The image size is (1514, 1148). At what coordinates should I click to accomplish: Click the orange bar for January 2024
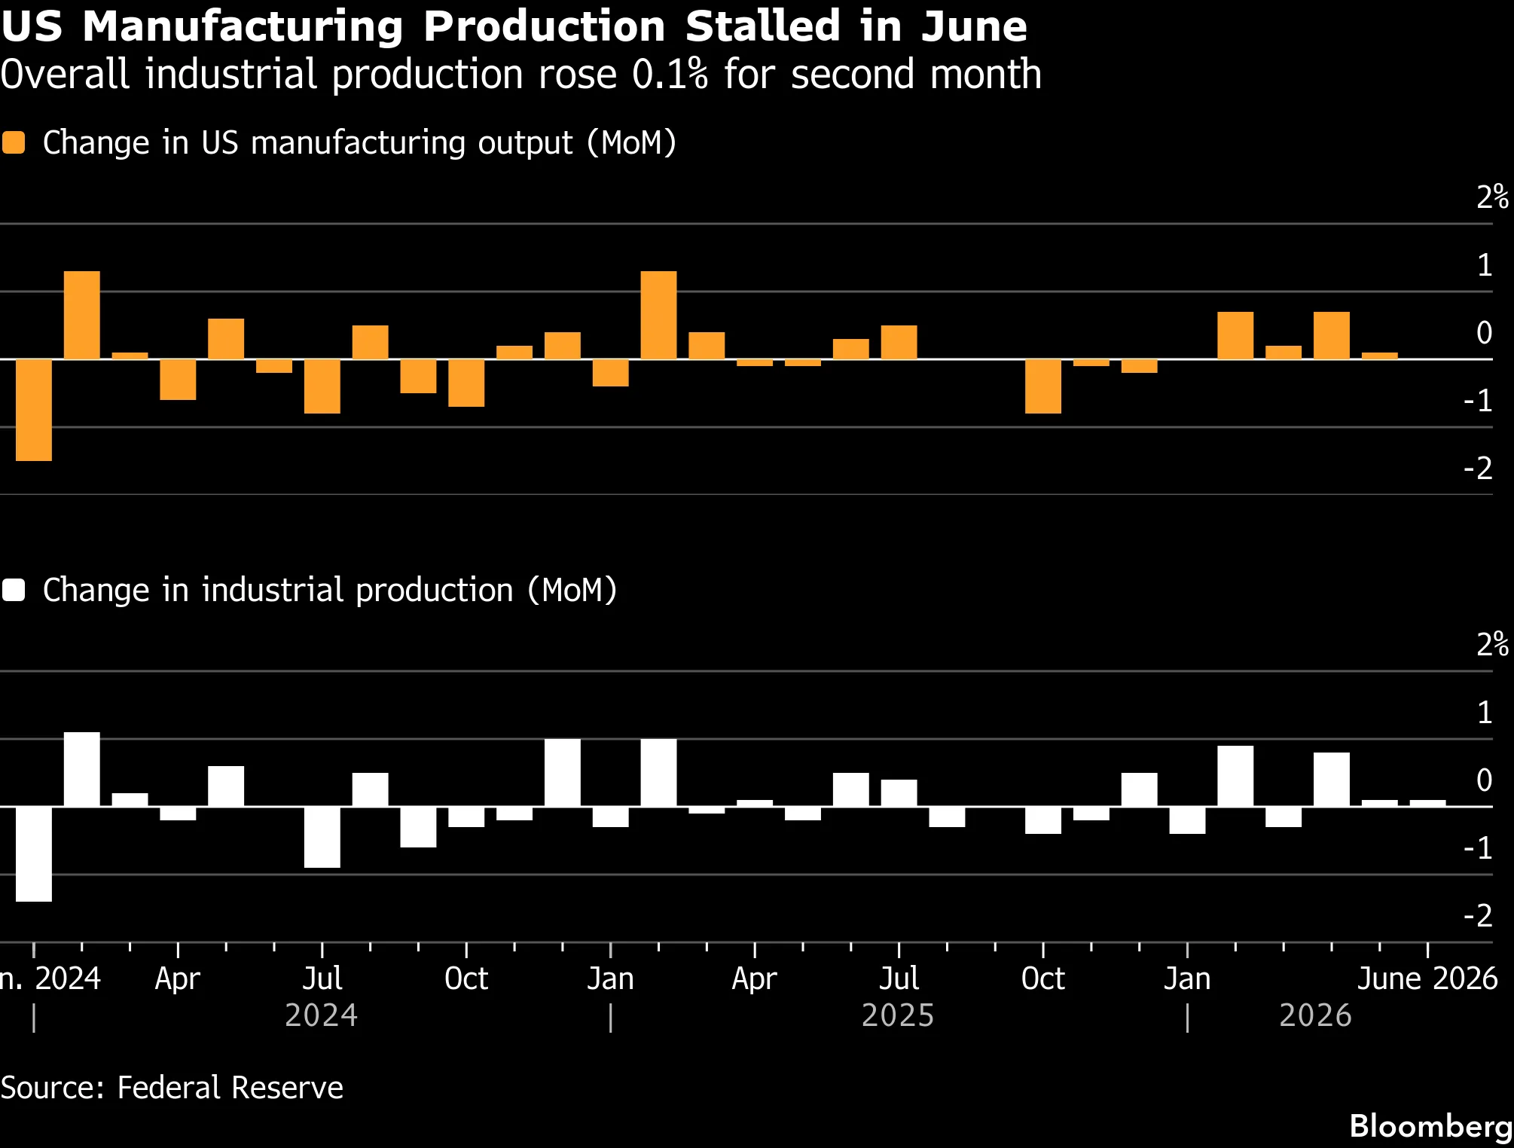34,410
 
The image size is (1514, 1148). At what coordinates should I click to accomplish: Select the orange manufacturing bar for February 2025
658,315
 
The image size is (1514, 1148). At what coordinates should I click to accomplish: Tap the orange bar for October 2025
1043,386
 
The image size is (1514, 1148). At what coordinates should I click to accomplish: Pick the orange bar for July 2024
322,386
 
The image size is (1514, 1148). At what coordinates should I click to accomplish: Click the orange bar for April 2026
1332,335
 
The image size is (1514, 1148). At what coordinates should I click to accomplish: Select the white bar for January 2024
34,854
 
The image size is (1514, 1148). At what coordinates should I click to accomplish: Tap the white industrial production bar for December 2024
563,773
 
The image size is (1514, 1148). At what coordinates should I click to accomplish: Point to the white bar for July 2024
322,837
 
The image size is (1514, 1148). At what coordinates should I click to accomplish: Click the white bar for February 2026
1235,776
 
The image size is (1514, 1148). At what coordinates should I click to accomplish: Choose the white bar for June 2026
1427,803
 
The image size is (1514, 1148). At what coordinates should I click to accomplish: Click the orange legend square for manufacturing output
14,143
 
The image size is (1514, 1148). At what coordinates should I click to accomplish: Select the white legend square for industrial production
14,590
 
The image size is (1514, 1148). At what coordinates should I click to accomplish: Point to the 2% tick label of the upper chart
1492,197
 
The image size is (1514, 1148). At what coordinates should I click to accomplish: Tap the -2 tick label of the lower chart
1478,916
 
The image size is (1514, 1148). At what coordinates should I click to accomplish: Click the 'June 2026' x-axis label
1427,979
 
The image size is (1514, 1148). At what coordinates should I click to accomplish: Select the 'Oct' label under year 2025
1043,979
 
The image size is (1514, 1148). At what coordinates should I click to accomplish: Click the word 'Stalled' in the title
762,26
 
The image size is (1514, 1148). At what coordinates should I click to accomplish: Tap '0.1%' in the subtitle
670,75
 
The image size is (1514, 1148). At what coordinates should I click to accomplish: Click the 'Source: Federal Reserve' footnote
172,1088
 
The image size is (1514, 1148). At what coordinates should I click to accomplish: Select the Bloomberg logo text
1430,1126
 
